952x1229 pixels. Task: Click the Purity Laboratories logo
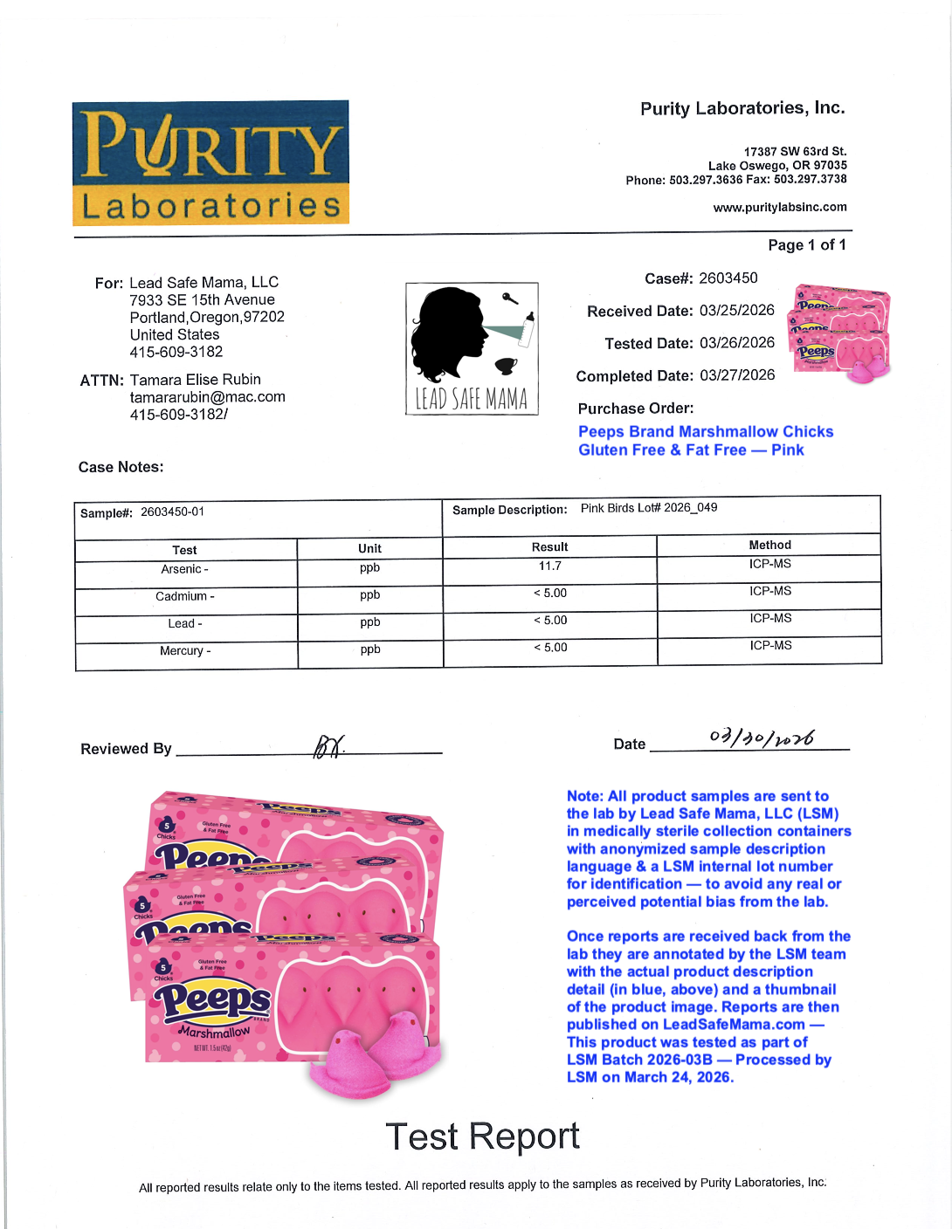210,162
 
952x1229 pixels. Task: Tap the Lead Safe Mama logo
472,348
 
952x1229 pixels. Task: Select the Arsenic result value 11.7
550,566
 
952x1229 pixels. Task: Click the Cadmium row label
184,597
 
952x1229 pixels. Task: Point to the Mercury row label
184,651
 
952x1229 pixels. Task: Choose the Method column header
769,546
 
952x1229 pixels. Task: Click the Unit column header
369,549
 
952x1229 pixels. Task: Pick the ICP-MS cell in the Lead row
769,619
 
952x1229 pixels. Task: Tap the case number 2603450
728,278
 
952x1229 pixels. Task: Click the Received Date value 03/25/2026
736,311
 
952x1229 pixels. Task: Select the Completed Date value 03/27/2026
736,375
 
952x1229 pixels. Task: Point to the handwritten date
762,738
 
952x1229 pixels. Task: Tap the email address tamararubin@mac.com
207,397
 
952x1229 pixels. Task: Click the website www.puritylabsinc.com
780,208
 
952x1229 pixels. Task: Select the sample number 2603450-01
172,512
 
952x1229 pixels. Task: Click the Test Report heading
482,1136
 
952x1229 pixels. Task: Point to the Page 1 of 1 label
806,245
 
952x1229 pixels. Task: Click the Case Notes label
121,468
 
